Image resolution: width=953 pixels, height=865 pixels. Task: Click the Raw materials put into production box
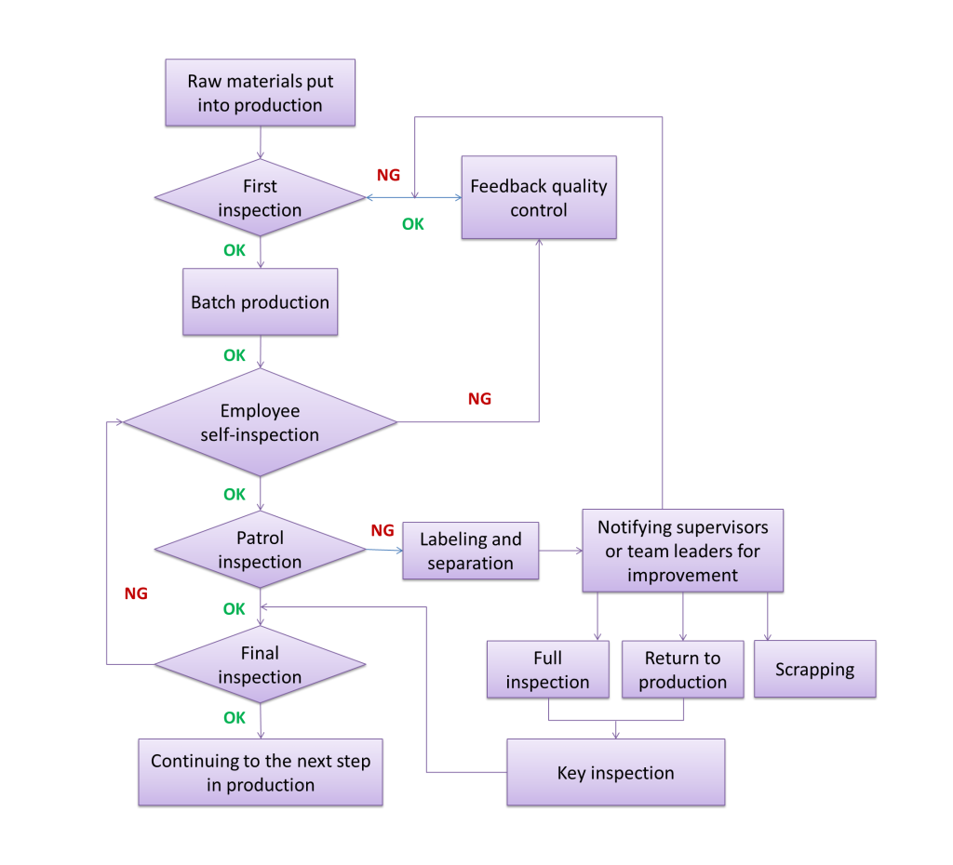point(260,93)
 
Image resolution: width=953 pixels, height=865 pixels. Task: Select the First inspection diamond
point(260,197)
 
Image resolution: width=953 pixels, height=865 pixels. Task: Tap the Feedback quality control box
point(538,197)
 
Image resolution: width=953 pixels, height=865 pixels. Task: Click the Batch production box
point(260,302)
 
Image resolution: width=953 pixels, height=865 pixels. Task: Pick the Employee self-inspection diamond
point(260,422)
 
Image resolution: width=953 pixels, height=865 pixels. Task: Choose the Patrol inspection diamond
point(260,550)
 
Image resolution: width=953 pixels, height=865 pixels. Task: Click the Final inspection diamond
point(260,665)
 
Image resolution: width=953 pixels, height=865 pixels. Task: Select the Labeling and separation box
point(470,551)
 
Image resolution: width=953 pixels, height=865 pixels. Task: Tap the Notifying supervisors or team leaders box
point(682,551)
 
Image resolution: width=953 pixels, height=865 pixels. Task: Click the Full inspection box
point(547,670)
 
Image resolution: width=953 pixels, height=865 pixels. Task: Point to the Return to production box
point(682,670)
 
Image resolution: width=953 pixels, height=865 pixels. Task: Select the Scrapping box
point(814,669)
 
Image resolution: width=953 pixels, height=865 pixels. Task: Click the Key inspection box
point(615,772)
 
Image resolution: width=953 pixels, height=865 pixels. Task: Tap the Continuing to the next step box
point(260,772)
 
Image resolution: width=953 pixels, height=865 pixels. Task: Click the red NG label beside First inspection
point(388,175)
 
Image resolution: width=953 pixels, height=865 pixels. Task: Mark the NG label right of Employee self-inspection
point(479,399)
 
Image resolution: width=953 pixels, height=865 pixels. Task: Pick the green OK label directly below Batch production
point(235,355)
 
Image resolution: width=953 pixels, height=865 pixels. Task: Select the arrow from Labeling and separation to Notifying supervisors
point(560,551)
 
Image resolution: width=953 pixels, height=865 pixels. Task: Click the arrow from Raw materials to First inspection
point(260,141)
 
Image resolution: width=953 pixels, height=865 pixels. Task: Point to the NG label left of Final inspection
point(136,593)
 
